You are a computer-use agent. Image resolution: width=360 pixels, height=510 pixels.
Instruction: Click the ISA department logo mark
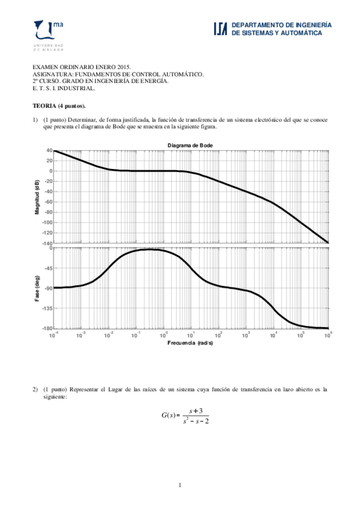point(220,29)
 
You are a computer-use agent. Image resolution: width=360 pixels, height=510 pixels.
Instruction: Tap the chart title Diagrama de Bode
point(190,145)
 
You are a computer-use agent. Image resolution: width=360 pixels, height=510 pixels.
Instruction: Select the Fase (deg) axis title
point(37,289)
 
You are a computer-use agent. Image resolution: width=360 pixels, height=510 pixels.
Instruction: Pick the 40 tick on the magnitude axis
point(49,150)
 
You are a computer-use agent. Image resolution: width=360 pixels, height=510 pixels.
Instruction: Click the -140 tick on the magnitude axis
point(46,243)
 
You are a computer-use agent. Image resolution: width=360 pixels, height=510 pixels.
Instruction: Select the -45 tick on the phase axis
point(47,268)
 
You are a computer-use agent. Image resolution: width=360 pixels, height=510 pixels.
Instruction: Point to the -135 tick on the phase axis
point(46,308)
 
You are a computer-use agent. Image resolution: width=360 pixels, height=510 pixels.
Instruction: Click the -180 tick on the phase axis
point(46,328)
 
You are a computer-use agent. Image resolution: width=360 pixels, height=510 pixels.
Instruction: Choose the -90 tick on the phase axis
point(47,288)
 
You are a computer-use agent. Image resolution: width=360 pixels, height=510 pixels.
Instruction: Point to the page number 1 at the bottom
point(180,485)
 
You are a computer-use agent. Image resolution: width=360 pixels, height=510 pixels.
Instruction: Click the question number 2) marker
point(35,389)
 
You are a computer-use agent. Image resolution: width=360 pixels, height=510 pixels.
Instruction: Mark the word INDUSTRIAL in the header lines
point(77,88)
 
